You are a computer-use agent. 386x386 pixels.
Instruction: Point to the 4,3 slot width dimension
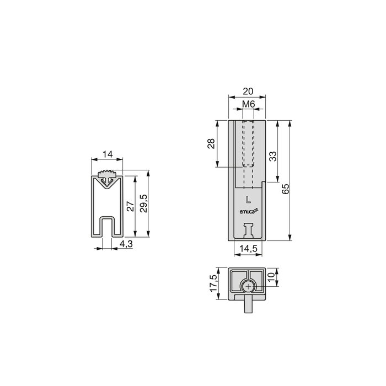tap(125, 243)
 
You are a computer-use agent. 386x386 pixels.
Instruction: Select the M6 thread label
tap(247, 104)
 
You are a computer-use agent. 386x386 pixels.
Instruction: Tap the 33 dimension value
tap(272, 157)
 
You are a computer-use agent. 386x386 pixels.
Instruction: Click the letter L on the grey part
tap(248, 199)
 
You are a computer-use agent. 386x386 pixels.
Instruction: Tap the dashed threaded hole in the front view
tap(247, 143)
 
